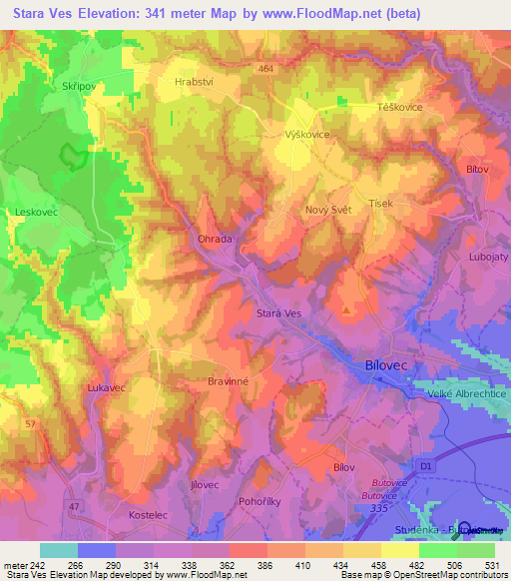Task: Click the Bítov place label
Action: (477, 171)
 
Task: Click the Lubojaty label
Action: (486, 257)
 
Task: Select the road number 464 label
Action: (264, 68)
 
